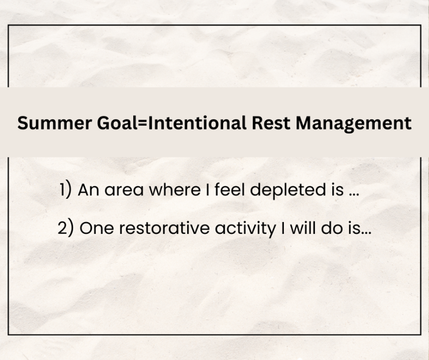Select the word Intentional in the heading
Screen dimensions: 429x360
click(197, 122)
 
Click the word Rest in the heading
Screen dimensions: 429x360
click(270, 122)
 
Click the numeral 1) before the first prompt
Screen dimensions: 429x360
click(66, 189)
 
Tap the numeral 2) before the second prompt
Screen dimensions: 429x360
click(66, 228)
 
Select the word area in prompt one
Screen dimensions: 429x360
click(124, 190)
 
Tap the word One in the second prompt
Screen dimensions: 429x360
click(97, 228)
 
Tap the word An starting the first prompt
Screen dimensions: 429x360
click(88, 189)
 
